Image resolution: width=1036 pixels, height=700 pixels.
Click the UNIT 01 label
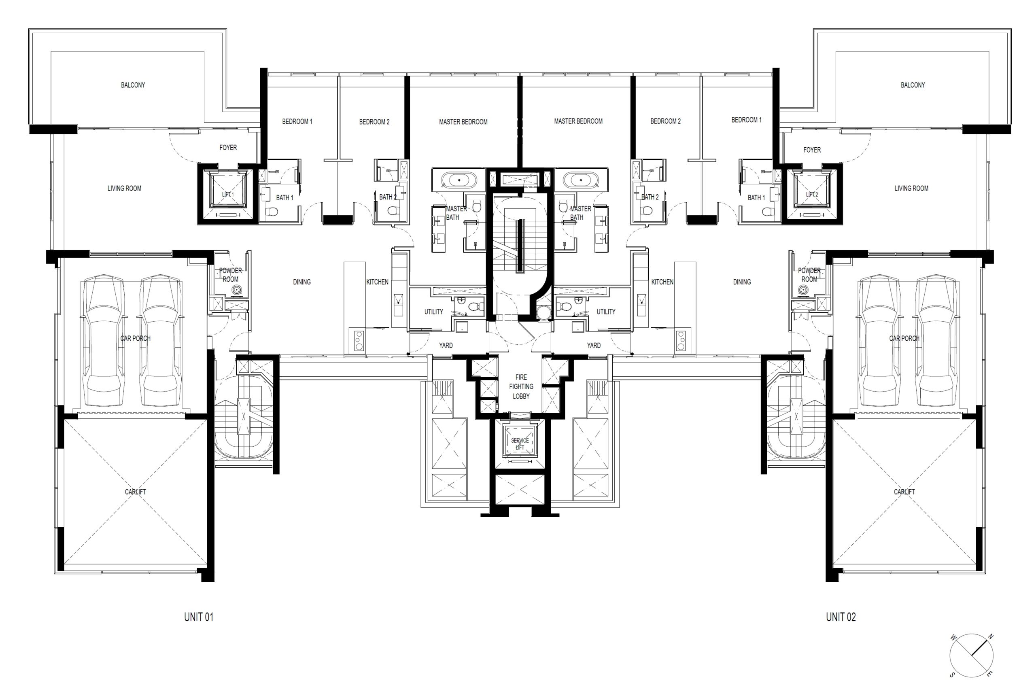click(199, 617)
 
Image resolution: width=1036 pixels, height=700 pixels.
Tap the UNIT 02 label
click(841, 617)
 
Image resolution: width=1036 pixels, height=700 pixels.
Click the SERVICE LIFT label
click(520, 444)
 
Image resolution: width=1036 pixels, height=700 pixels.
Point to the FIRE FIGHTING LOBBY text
click(521, 387)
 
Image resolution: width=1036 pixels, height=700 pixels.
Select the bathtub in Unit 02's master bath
click(581, 180)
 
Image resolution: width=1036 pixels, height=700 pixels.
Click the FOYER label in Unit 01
click(228, 148)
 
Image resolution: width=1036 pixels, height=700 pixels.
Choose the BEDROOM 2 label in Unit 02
click(666, 121)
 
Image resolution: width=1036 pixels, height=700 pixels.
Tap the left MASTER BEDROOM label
click(463, 122)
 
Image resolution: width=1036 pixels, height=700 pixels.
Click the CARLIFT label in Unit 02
click(904, 492)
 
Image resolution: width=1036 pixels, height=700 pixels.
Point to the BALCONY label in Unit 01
click(133, 85)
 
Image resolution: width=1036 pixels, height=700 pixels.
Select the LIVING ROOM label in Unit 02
click(912, 189)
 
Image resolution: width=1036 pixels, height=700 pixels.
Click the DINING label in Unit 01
click(302, 282)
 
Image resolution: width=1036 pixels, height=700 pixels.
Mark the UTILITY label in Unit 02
click(606, 312)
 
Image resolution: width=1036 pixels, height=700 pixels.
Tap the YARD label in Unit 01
click(446, 345)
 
